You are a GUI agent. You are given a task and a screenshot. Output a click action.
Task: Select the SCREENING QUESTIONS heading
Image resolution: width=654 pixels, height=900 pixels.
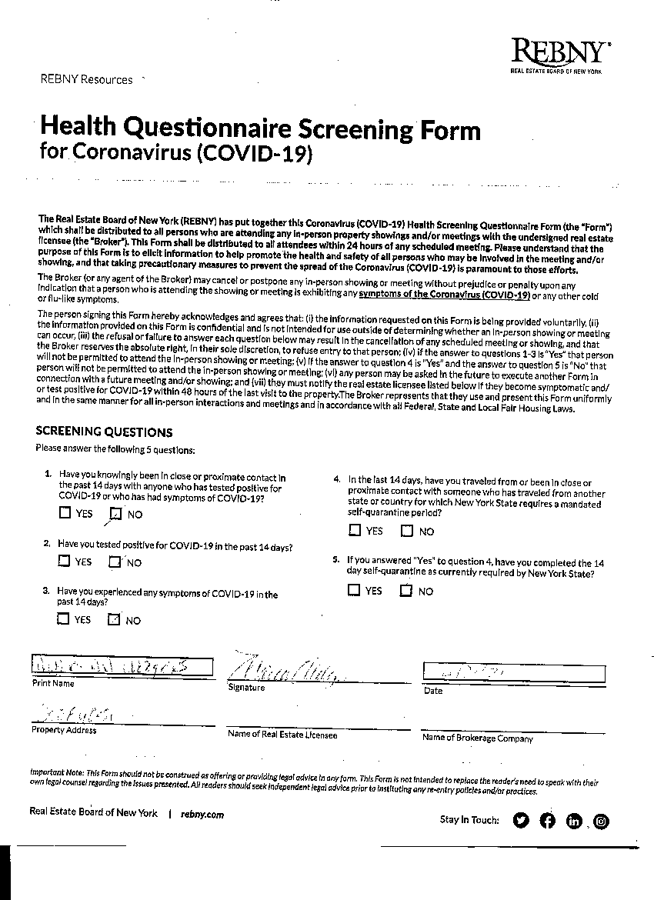(104, 432)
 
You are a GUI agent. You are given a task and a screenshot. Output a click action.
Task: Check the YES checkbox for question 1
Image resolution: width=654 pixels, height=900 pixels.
(65, 513)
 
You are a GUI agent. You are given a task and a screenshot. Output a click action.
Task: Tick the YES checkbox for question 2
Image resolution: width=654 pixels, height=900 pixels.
(64, 561)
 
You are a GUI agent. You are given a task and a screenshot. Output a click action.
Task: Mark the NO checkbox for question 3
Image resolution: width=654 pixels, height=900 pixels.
(115, 619)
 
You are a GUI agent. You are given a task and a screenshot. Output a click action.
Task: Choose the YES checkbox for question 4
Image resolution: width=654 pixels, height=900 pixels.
(354, 530)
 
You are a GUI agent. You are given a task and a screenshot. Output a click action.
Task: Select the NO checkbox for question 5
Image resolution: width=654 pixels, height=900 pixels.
(406, 591)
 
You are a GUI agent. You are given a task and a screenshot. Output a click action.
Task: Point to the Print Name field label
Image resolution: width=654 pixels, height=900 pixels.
(53, 683)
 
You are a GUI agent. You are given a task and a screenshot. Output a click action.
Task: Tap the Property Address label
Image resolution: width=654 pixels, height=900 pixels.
(64, 730)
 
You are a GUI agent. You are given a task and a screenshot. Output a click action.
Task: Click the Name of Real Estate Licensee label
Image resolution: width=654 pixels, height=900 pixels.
(282, 735)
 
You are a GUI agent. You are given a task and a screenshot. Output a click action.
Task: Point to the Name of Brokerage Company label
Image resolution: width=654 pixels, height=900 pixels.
(477, 738)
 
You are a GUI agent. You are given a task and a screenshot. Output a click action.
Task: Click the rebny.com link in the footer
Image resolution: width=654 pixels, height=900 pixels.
(202, 814)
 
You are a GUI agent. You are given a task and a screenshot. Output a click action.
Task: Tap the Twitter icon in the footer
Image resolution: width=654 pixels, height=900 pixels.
(521, 820)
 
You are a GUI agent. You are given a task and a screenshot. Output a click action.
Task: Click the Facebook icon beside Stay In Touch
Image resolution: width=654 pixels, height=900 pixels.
(547, 820)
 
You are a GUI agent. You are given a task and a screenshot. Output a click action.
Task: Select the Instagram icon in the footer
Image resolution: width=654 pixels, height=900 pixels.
(602, 821)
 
